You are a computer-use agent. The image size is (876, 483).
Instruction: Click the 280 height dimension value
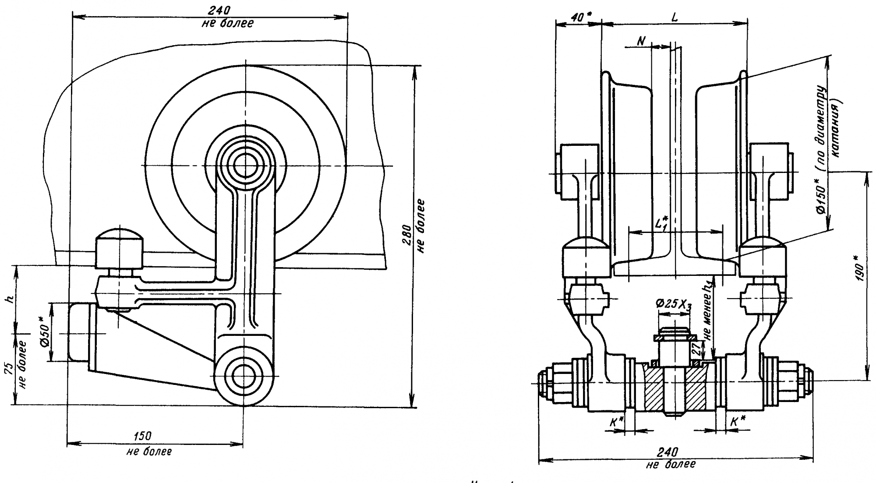coord(407,236)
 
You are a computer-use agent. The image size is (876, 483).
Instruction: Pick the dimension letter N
coord(641,41)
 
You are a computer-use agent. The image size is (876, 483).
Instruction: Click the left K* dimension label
coord(616,422)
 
